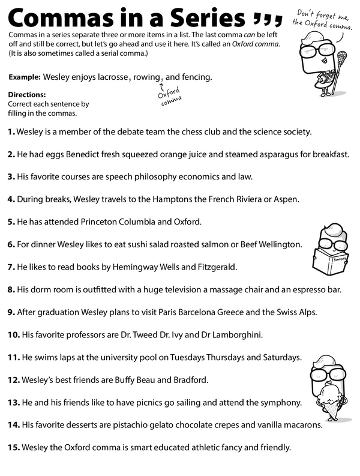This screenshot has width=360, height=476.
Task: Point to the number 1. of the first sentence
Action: point(11,131)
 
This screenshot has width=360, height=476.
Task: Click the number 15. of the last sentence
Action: point(13,448)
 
